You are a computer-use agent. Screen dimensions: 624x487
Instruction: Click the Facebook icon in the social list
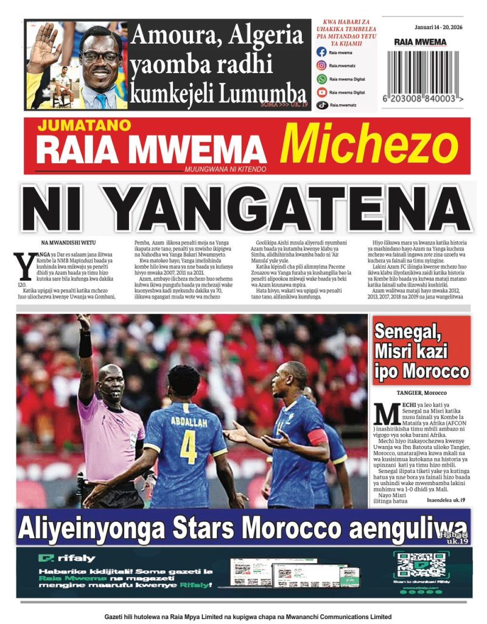[321, 52]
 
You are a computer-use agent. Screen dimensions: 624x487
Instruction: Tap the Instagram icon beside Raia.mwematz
[321, 66]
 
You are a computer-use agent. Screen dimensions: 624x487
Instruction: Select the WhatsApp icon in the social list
[321, 79]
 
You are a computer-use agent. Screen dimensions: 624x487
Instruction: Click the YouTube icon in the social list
[321, 93]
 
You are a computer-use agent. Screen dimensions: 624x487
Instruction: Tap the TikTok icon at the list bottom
[321, 105]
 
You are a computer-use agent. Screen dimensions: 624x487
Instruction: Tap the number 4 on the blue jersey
[188, 447]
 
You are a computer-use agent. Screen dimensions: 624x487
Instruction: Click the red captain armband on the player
[319, 437]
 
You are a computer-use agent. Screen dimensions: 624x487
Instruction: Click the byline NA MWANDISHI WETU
[68, 243]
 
